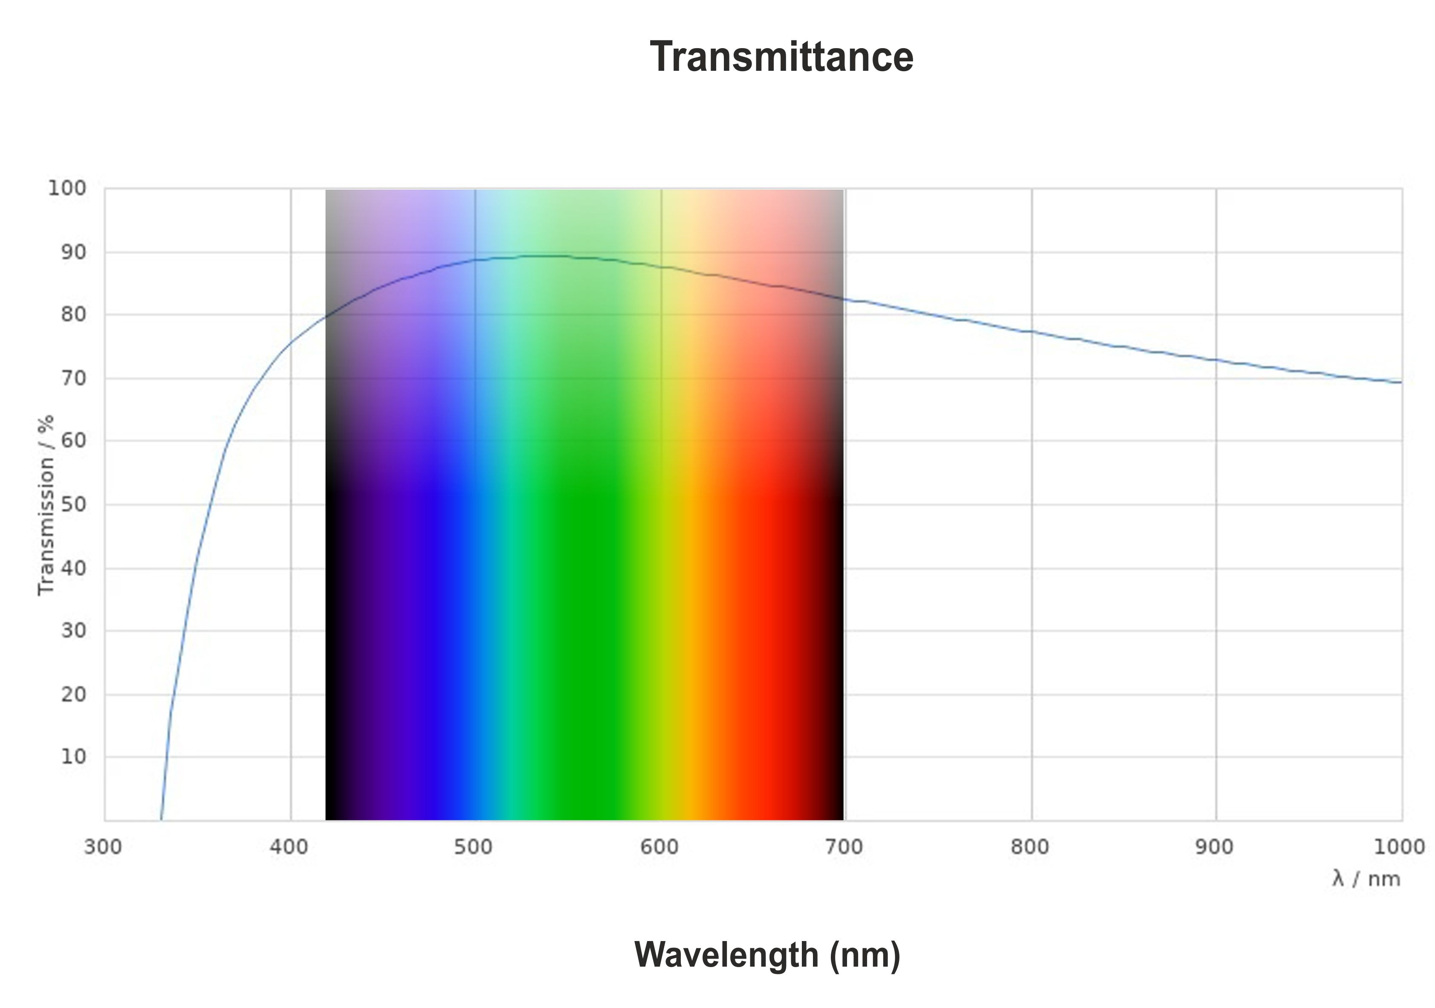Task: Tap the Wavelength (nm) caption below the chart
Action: tap(767, 955)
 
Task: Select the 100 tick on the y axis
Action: tap(67, 188)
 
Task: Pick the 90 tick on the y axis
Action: tap(74, 252)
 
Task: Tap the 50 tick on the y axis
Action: tap(74, 504)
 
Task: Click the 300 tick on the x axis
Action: tap(103, 847)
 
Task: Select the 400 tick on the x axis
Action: tap(289, 847)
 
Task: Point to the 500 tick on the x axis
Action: tap(474, 847)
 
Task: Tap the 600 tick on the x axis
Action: tap(660, 847)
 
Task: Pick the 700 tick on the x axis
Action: tap(844, 847)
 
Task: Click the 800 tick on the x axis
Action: tap(1030, 847)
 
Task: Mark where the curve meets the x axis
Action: tap(161, 819)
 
